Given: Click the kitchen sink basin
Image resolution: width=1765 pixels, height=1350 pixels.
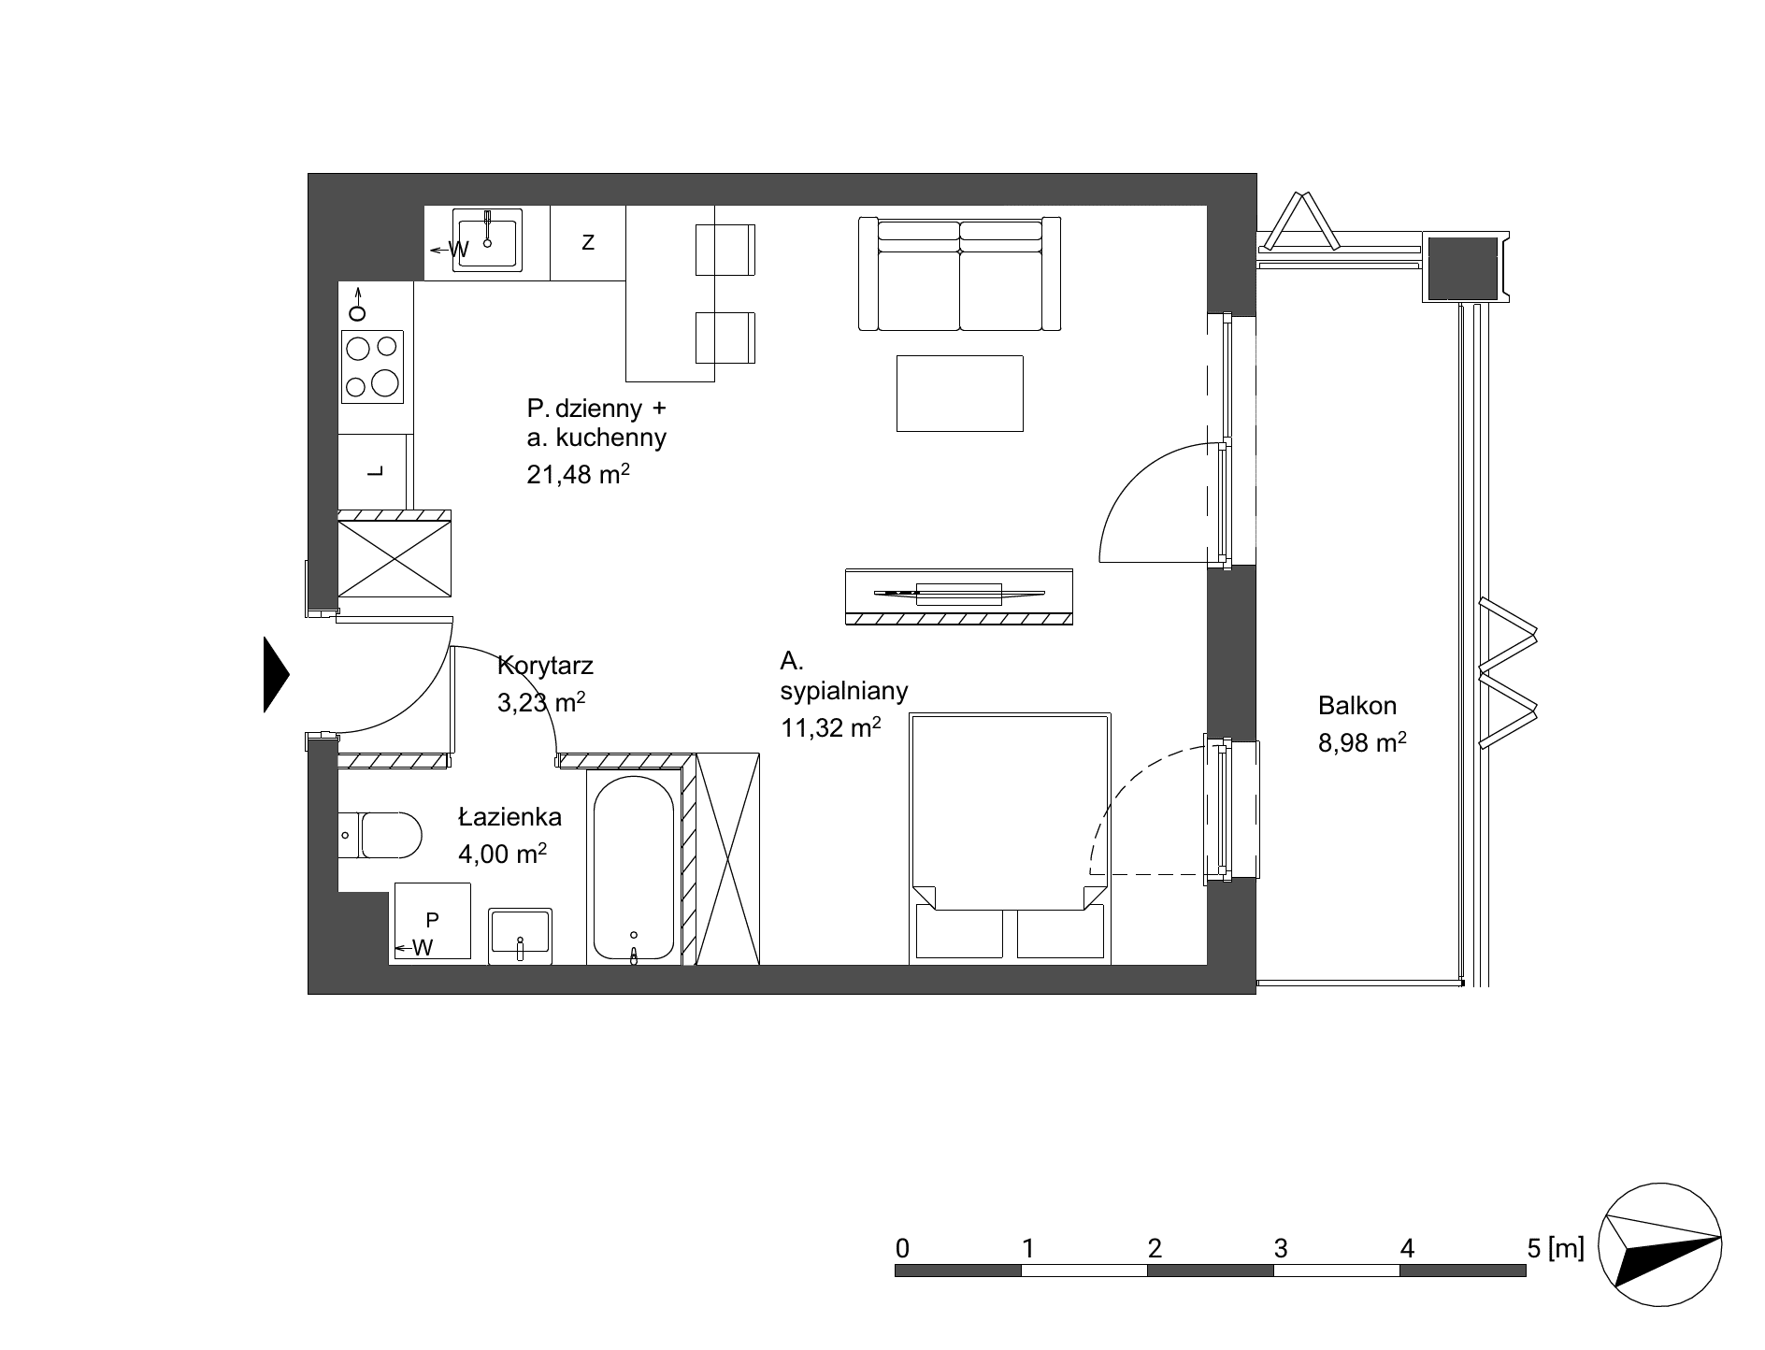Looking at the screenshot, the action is coord(487,240).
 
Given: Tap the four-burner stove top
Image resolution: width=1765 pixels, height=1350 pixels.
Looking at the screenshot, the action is coord(372,366).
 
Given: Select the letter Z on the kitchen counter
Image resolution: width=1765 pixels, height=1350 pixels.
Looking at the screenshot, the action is coord(588,242).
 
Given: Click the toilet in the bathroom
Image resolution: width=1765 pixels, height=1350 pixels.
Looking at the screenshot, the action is coord(380,834).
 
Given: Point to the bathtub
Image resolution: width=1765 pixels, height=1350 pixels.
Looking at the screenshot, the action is coord(634,868).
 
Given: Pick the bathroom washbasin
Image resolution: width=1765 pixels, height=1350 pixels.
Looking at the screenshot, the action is coord(521,935).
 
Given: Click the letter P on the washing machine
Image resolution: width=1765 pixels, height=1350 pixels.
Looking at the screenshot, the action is coord(433,920).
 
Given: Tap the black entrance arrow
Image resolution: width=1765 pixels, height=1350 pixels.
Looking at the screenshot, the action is coord(277,674).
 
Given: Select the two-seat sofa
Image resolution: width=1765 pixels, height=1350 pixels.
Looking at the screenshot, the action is coord(960,273).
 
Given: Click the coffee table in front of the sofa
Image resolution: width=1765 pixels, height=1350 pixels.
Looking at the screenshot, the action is coord(960,393).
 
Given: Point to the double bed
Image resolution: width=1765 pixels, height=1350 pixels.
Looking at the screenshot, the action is coord(1011,839).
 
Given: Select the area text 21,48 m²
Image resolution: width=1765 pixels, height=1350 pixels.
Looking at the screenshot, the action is coord(579,474).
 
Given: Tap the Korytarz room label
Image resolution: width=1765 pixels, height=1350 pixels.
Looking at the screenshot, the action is coord(546,667).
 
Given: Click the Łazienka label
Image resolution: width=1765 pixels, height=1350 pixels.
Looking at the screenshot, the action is coord(510,817).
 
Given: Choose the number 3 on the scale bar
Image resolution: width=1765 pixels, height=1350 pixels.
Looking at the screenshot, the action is coord(1281,1247).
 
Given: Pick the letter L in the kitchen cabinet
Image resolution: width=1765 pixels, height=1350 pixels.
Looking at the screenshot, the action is coord(376,472).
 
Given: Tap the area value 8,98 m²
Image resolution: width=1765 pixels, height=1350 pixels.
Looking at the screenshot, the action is coord(1362,742).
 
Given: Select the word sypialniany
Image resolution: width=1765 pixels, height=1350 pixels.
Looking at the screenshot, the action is coord(844,691).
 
